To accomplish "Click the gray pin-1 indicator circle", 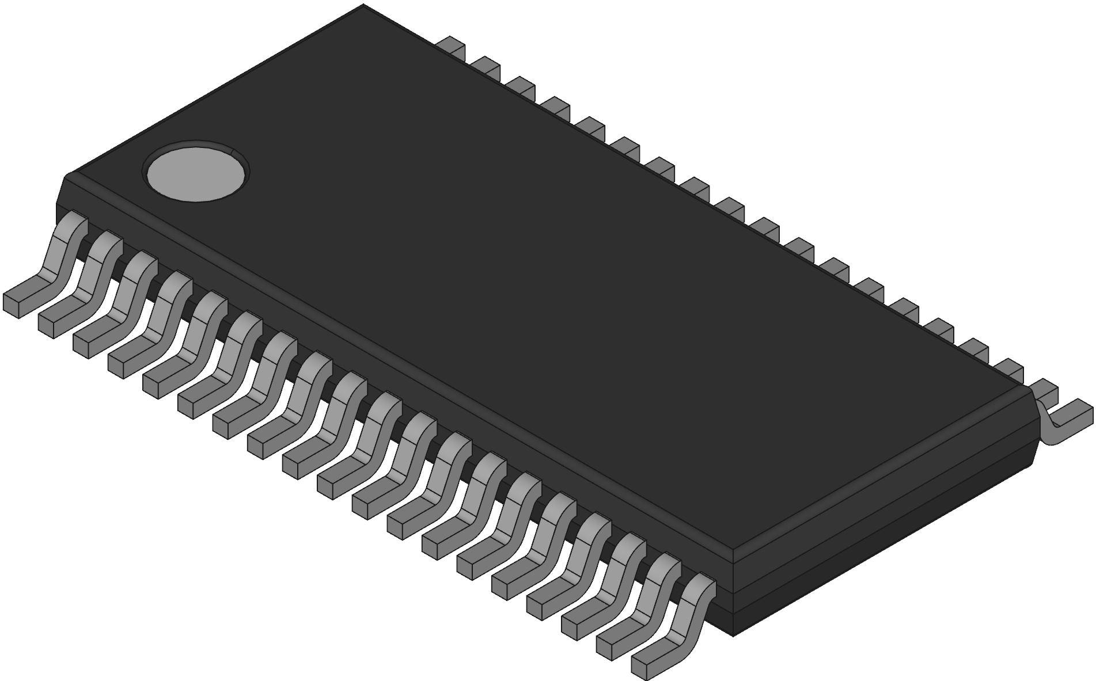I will click(196, 173).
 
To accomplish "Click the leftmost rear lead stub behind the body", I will click(452, 46).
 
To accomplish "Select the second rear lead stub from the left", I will click(487, 66).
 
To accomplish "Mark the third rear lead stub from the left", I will click(522, 86).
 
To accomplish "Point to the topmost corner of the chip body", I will click(363, 6).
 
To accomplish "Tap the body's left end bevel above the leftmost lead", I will click(60, 193).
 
